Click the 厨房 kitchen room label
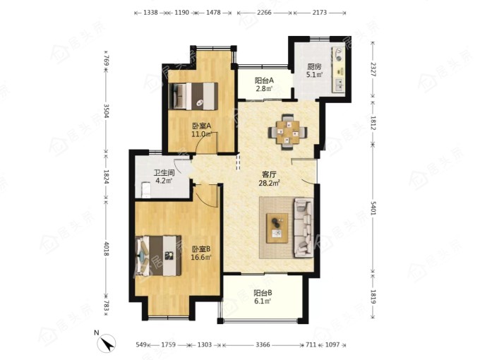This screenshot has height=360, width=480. click(314, 66)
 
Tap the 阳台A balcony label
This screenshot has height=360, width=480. click(264, 80)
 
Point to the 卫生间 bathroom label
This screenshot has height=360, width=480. click(164, 173)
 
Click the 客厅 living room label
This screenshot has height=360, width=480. click(270, 175)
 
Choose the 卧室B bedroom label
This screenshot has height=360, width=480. click(201, 249)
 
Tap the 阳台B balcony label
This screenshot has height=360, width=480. click(263, 293)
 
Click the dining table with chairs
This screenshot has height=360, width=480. click(288, 132)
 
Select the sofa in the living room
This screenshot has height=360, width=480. click(304, 227)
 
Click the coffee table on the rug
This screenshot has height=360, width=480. click(277, 228)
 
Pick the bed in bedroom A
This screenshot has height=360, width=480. click(193, 96)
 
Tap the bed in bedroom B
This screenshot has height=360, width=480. click(159, 256)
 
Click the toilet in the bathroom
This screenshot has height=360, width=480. click(145, 190)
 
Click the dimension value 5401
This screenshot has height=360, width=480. click(373, 208)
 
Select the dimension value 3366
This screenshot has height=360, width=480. click(263, 344)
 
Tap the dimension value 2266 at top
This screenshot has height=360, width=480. click(265, 13)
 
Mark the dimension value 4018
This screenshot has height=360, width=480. click(106, 249)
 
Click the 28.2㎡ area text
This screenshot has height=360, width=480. click(270, 183)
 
